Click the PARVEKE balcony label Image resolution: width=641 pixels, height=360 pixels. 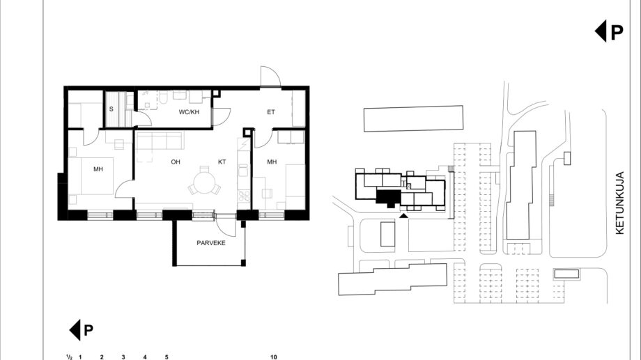click(211, 243)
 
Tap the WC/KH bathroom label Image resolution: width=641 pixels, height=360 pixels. click(189, 112)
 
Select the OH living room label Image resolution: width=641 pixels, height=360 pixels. click(176, 162)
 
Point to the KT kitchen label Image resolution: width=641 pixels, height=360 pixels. click(222, 162)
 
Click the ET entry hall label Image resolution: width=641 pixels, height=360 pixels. click(271, 112)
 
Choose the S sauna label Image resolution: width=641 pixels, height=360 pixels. click(111, 109)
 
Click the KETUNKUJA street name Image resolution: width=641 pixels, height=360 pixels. click(620, 203)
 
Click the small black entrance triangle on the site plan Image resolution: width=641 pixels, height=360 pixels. click(403, 215)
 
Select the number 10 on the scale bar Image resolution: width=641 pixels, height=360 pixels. click(274, 357)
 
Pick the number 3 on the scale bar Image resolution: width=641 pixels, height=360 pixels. click(123, 357)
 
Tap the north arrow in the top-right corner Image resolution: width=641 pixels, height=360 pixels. click(609, 31)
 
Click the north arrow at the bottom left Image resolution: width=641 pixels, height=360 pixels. click(81, 330)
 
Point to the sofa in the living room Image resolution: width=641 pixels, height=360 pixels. click(160, 140)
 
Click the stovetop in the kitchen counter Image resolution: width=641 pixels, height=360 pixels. click(244, 196)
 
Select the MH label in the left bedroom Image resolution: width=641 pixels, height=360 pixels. click(98, 169)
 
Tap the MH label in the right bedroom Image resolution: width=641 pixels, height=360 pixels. click(272, 162)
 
